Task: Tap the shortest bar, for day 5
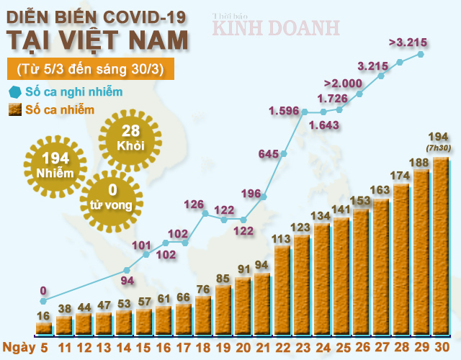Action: (x=44, y=328)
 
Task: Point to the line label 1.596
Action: (x=284, y=111)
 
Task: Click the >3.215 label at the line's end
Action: (x=406, y=42)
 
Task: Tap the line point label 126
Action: (x=194, y=204)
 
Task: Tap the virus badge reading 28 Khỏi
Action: (x=130, y=138)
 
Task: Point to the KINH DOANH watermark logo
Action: (x=275, y=27)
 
